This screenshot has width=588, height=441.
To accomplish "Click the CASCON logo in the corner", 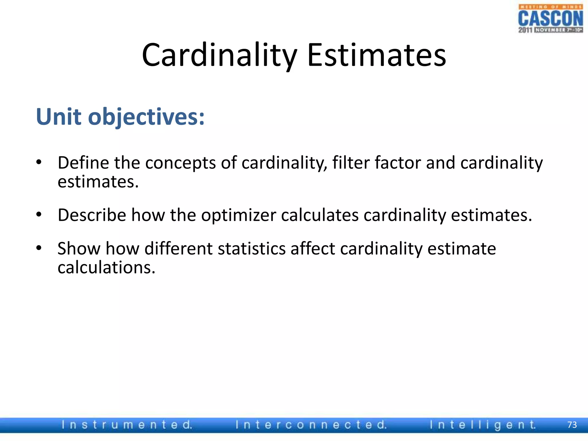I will point(550,19).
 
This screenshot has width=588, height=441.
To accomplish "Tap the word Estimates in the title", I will point(376,55).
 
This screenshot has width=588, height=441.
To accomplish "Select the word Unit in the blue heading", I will point(59,117).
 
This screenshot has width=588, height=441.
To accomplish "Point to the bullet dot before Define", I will point(39,163).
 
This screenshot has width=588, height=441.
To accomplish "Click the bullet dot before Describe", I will point(39,215).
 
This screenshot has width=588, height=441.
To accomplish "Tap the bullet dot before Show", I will point(39,248).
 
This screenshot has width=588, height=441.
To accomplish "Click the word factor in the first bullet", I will point(397,163).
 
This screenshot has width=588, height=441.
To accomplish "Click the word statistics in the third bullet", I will point(252,248).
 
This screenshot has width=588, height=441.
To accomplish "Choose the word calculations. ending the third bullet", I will point(106,268).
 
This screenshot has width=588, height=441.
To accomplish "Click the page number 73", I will point(572,425).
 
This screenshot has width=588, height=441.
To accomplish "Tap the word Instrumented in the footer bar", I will point(126,425).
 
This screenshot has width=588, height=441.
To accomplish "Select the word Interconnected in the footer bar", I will point(311,425).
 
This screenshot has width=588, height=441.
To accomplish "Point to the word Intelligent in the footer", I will point(482,425).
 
